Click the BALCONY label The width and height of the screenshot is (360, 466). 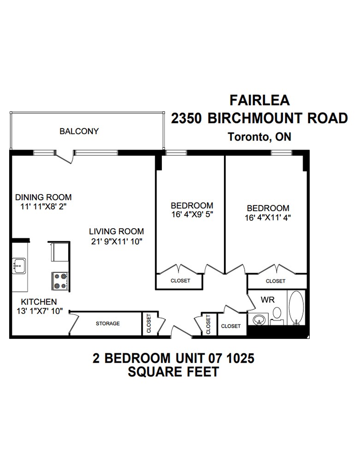pyautogui.click(x=79, y=131)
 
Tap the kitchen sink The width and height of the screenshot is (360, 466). pyautogui.click(x=19, y=265)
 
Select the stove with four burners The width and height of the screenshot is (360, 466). pyautogui.click(x=60, y=281)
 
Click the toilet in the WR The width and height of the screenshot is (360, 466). pyautogui.click(x=277, y=314)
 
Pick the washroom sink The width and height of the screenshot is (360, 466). pyautogui.click(x=259, y=319)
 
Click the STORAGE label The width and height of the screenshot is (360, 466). pyautogui.click(x=107, y=324)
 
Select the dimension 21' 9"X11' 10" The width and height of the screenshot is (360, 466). pyautogui.click(x=116, y=241)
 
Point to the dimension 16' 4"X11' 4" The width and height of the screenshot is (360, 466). pyautogui.click(x=268, y=217)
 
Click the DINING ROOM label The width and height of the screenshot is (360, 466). pyautogui.click(x=43, y=197)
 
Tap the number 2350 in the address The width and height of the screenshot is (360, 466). pyautogui.click(x=187, y=118)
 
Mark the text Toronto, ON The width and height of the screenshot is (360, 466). pyautogui.click(x=259, y=137)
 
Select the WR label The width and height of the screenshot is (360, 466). pyautogui.click(x=268, y=300)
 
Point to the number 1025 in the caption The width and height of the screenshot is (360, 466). pyautogui.click(x=236, y=358)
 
